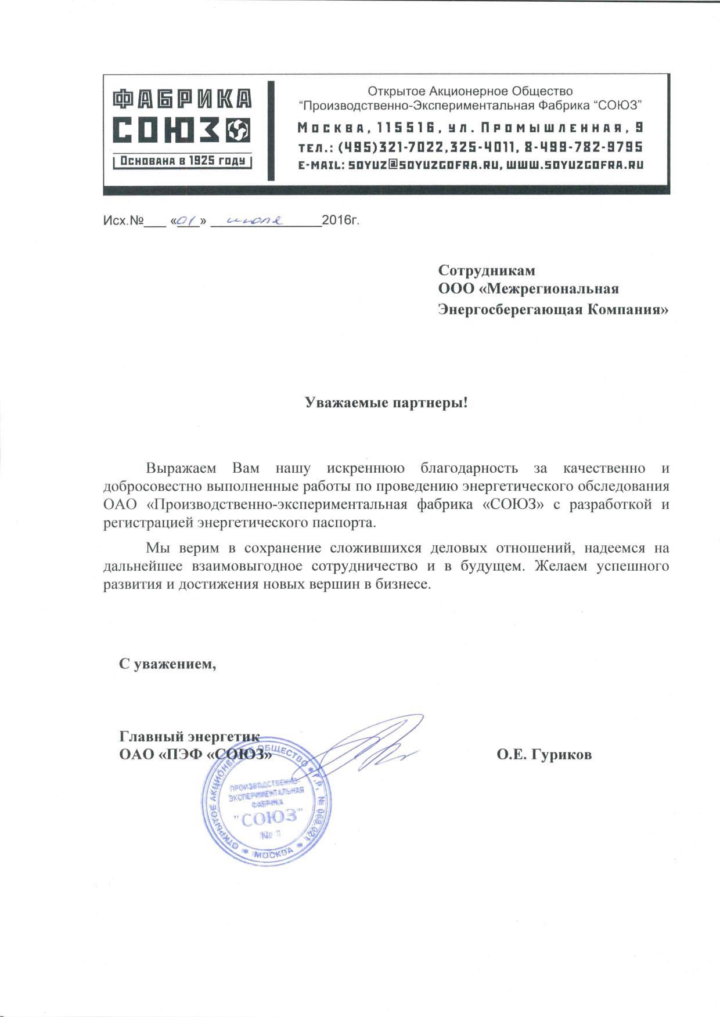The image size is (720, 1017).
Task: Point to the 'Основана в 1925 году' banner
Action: pos(182,161)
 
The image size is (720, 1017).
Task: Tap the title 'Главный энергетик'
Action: pos(188,737)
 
